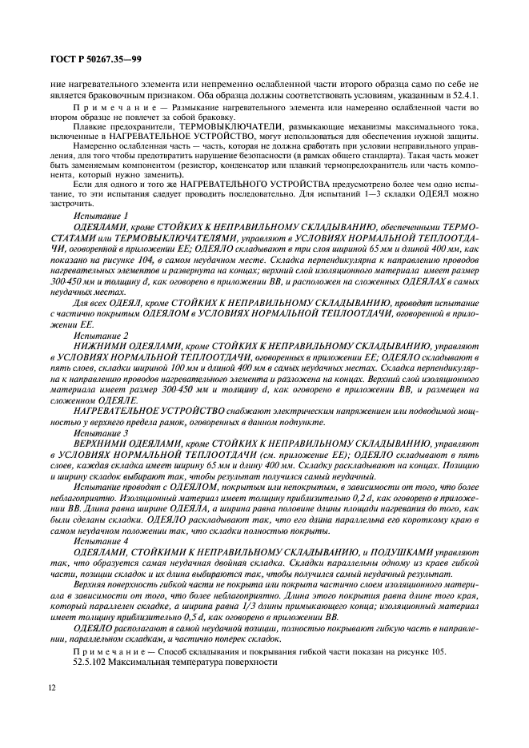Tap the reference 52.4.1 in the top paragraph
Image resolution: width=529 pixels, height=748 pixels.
[465, 96]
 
